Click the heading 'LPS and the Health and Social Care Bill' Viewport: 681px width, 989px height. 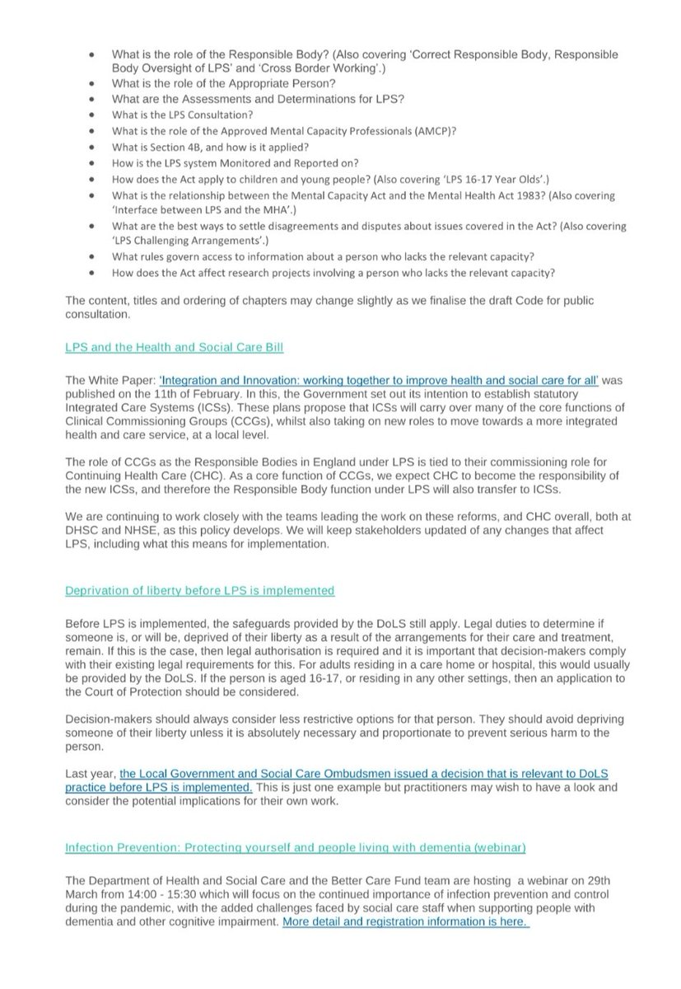(x=174, y=348)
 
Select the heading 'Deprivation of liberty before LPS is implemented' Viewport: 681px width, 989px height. (x=200, y=590)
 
